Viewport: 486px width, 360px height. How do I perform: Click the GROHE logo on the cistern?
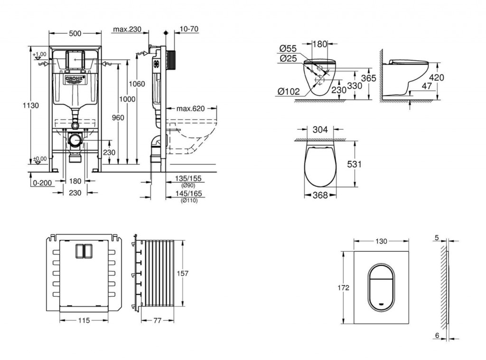pyautogui.click(x=75, y=78)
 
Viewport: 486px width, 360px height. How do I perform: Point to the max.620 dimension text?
pyautogui.click(x=191, y=108)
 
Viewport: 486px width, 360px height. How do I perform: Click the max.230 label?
pyautogui.click(x=127, y=29)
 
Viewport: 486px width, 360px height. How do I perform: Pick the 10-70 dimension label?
pyautogui.click(x=189, y=29)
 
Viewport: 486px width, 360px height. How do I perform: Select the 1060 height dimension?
pyautogui.click(x=137, y=84)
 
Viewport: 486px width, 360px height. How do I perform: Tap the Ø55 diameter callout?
pyautogui.click(x=288, y=48)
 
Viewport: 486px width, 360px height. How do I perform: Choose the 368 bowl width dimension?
pyautogui.click(x=320, y=195)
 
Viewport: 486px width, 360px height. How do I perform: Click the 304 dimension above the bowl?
pyautogui.click(x=320, y=128)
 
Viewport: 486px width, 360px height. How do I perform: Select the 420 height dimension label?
pyautogui.click(x=436, y=77)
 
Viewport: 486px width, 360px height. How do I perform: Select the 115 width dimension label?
pyautogui.click(x=84, y=320)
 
